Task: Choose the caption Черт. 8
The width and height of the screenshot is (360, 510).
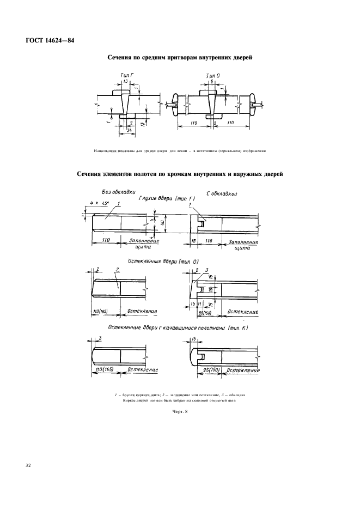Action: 180,411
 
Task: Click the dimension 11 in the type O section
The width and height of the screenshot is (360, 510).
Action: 200,303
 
